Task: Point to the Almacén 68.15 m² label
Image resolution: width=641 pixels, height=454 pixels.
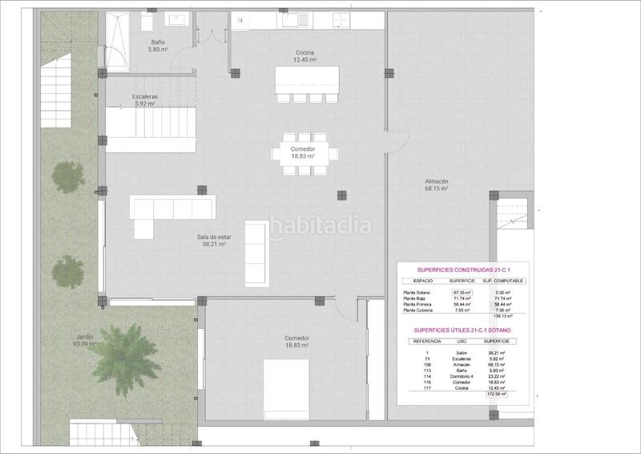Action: coord(436,185)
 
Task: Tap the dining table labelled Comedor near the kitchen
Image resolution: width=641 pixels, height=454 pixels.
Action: coord(304,153)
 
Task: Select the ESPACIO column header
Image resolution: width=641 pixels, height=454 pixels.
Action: coord(423,282)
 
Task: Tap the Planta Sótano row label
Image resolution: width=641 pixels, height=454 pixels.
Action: coord(421,294)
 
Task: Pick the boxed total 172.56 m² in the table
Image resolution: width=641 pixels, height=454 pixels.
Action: coord(498,395)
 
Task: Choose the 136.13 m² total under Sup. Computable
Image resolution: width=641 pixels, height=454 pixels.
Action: coord(503,316)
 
